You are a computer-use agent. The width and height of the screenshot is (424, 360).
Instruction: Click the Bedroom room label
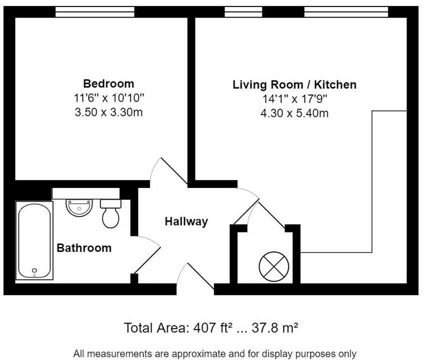click(108, 83)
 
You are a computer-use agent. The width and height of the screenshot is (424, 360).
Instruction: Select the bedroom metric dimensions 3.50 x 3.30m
click(108, 112)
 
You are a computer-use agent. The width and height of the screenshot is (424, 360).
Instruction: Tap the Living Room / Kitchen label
click(294, 84)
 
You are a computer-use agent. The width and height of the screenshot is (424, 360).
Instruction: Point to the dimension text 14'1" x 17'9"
click(294, 99)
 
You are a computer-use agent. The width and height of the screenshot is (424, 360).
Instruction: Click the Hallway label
click(186, 221)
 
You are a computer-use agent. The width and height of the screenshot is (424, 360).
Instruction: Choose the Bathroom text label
click(84, 248)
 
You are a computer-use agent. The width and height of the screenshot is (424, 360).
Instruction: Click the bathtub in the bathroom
click(34, 240)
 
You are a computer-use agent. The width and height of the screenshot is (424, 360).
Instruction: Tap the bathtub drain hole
click(34, 270)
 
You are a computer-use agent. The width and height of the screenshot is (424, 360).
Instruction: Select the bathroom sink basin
click(79, 207)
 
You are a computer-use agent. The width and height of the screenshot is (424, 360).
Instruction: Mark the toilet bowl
click(110, 216)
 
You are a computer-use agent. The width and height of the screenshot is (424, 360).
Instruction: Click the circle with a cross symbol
click(273, 266)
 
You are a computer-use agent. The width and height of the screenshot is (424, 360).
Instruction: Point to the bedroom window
click(94, 12)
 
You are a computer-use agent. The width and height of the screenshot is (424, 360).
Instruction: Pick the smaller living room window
click(243, 12)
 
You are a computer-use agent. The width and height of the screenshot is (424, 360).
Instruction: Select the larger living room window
click(346, 12)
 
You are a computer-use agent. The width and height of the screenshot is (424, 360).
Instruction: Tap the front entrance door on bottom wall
click(195, 277)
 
